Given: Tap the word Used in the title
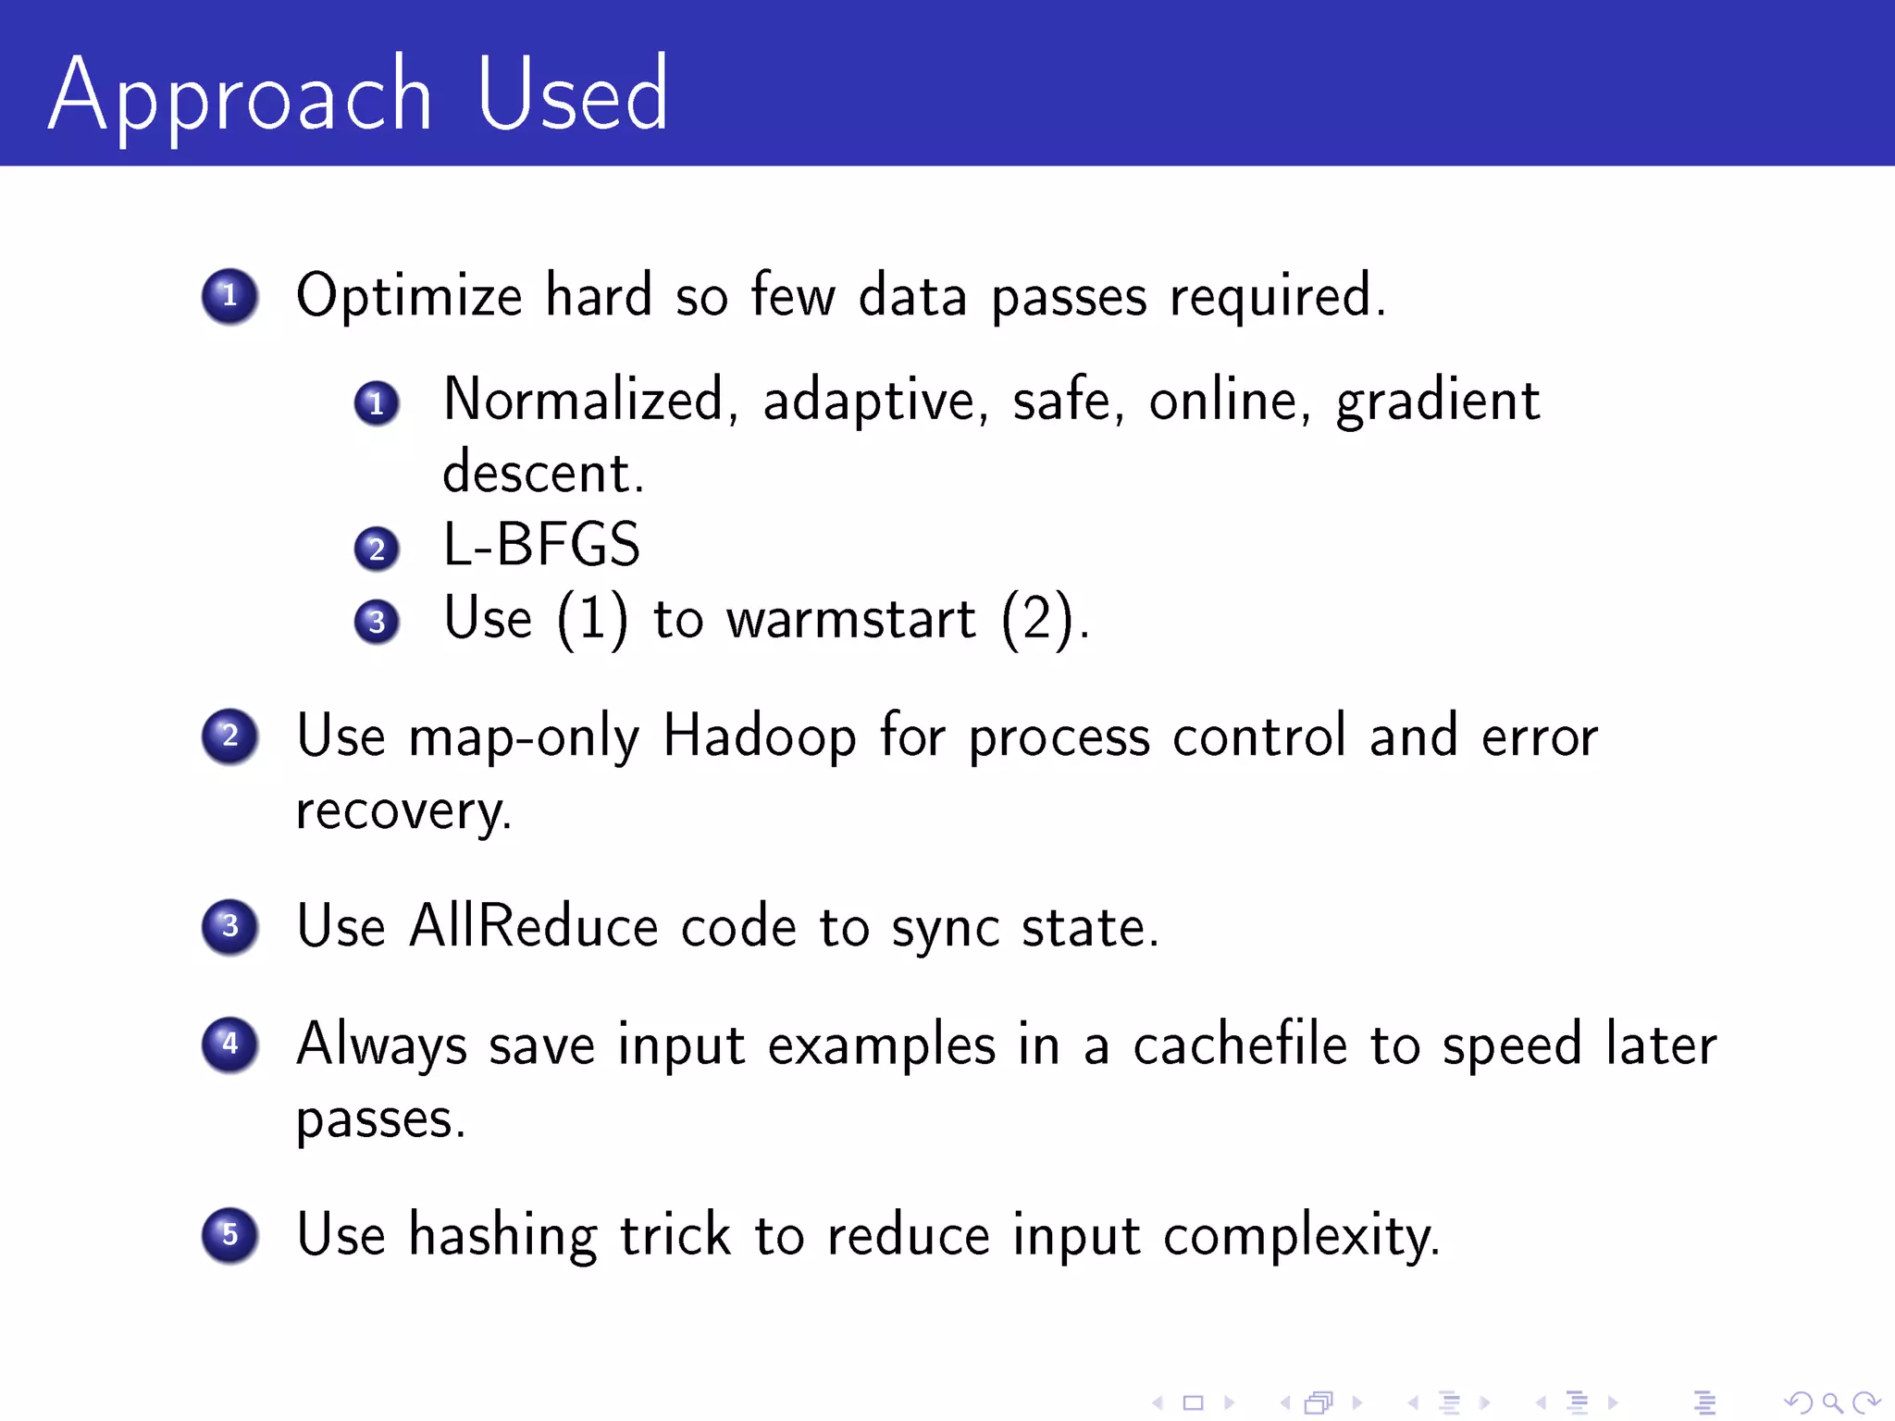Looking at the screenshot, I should point(572,94).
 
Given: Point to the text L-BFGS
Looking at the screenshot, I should point(541,545).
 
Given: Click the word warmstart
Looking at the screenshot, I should point(850,619).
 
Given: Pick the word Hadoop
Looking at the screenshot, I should point(760,737).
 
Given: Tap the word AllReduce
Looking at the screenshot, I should point(533,926).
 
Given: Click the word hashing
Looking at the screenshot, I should point(502,1236).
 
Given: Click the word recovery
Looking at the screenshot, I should point(403,812).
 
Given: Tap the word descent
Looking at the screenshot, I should point(542,474).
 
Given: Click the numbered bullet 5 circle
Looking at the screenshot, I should point(229,1235).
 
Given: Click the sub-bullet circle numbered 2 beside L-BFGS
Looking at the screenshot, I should point(377,550).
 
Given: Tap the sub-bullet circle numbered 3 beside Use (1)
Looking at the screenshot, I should point(377,622).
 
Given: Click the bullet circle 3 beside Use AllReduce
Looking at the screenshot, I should point(229,926).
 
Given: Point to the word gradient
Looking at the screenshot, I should point(1438,402).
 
